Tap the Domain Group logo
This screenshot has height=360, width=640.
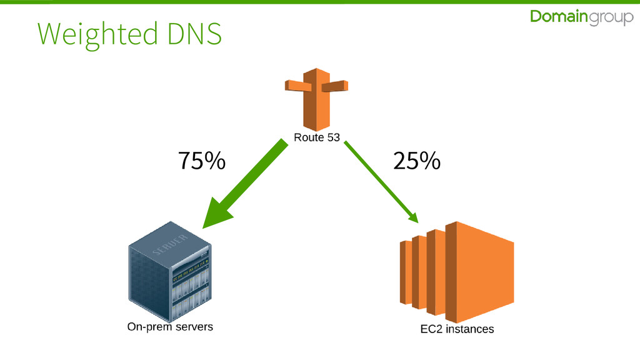(581, 18)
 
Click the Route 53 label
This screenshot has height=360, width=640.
(317, 137)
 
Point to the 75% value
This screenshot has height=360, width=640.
(201, 162)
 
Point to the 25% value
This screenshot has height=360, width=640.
(416, 162)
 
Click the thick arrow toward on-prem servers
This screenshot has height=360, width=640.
(250, 178)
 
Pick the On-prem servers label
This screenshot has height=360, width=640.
(170, 327)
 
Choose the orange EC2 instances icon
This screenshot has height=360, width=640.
(456, 271)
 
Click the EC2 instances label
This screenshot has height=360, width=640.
(457, 329)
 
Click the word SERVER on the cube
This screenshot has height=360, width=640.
(170, 246)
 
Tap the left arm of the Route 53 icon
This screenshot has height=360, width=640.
(294, 85)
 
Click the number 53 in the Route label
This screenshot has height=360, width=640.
(332, 137)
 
